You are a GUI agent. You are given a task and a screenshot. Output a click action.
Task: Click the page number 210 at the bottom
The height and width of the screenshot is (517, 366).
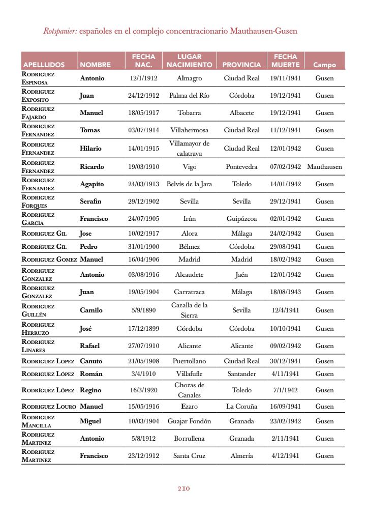click(184, 489)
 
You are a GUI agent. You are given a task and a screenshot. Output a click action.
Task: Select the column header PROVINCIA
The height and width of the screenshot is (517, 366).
click(241, 65)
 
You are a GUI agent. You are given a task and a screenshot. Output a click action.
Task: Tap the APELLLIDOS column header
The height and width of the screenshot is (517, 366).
click(44, 65)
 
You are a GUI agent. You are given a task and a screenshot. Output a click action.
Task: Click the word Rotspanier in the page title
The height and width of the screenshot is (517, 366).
click(60, 31)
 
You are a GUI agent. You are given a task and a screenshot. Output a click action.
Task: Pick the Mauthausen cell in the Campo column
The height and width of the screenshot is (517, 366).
click(324, 166)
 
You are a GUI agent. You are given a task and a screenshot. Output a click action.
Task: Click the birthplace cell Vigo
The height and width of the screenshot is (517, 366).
click(189, 166)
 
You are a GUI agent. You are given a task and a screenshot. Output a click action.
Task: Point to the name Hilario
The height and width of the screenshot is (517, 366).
click(90, 148)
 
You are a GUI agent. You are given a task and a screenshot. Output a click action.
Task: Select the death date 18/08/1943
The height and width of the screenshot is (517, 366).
click(285, 292)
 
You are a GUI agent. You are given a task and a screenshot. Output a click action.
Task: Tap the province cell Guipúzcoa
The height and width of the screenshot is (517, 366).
click(241, 218)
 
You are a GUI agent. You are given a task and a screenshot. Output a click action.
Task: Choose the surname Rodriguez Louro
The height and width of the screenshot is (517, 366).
click(49, 406)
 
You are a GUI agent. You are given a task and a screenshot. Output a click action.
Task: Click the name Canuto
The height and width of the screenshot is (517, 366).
click(91, 361)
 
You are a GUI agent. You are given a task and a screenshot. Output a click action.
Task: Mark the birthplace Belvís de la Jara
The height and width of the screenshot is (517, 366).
click(189, 184)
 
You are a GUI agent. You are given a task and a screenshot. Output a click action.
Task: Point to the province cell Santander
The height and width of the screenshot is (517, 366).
click(241, 374)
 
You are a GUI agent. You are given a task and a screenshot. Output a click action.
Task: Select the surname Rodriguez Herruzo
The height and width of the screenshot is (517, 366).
click(38, 328)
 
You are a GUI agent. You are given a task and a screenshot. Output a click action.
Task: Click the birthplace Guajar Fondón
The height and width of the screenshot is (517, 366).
click(189, 421)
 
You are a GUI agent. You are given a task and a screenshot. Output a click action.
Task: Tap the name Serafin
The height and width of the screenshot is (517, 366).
click(90, 201)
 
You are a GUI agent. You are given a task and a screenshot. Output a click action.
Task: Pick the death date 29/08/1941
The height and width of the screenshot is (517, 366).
click(285, 246)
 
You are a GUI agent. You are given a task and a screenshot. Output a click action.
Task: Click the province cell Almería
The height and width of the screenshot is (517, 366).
click(241, 455)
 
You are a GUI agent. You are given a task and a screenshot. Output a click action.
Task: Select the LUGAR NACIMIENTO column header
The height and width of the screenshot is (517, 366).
click(189, 61)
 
